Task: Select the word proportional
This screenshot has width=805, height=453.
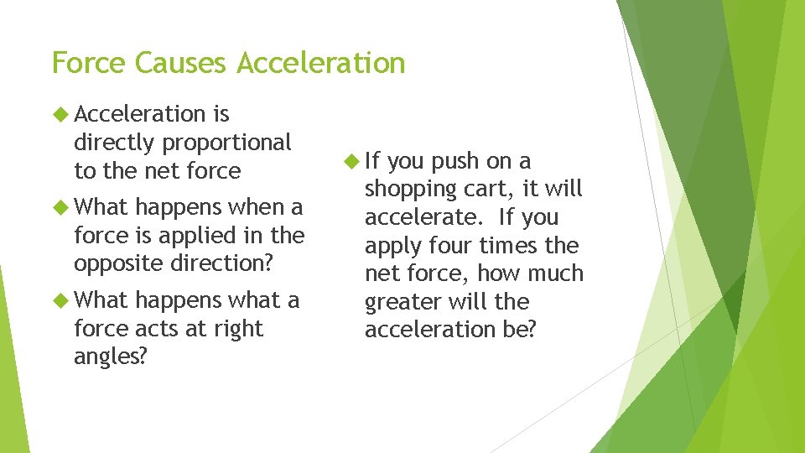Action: pos(226,143)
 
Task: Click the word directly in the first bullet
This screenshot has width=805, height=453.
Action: pos(115,143)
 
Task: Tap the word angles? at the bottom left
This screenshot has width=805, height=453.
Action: pos(110,357)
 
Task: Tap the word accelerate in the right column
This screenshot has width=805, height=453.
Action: pos(423,217)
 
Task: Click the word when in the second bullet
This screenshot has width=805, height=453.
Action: pos(255,206)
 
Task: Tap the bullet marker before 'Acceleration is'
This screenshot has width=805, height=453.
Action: pos(60,114)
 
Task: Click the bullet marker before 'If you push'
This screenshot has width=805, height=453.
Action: pos(350,161)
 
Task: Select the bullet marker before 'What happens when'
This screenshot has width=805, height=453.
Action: pos(60,206)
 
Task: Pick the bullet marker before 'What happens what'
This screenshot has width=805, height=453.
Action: pos(60,300)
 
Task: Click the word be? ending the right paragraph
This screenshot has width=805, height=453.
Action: pos(517,330)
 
